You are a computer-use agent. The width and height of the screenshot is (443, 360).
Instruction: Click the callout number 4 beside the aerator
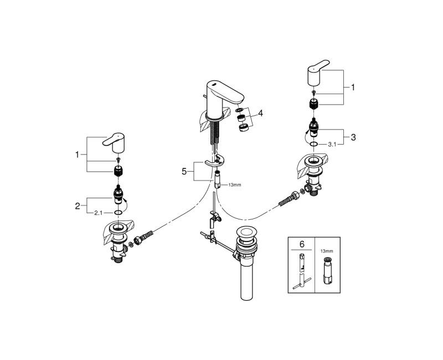(260, 114)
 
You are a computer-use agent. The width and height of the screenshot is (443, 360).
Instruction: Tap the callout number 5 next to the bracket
(184, 171)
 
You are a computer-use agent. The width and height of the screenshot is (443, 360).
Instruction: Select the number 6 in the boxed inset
(302, 244)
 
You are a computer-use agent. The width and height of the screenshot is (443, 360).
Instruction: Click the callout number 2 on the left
(78, 206)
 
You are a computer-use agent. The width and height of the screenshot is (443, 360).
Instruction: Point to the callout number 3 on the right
(353, 137)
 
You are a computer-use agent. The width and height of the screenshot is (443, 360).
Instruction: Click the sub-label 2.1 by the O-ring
(98, 213)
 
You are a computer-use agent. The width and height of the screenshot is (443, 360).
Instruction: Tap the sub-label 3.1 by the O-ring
(332, 145)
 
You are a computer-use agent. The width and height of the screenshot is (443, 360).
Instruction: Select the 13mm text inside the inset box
(327, 251)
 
